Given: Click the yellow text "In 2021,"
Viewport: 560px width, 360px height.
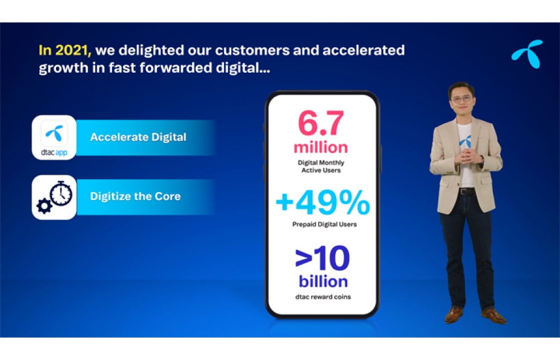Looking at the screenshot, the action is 65,50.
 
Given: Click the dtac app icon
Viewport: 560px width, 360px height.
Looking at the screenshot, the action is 54,138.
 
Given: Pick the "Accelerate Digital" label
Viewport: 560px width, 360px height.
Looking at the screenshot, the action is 138,137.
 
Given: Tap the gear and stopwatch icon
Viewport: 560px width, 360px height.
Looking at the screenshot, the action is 54,197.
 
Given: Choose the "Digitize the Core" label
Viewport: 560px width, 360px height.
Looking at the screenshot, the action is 136,197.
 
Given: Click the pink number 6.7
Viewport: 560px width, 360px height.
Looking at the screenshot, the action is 321,123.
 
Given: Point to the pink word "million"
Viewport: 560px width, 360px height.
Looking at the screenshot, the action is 321,147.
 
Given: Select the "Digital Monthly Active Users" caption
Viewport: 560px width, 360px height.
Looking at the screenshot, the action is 321,166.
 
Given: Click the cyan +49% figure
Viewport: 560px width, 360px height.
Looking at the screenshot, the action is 323,202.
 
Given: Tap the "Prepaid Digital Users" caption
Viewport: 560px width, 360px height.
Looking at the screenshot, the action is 324,225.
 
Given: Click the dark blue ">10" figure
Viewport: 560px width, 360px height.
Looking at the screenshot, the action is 323,258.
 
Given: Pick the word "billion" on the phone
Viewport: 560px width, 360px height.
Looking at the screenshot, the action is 323,282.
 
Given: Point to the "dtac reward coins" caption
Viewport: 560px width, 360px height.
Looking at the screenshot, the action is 323,297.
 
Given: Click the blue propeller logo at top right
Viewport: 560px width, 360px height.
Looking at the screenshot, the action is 527,54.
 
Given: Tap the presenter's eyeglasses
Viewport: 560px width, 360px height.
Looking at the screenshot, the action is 461,99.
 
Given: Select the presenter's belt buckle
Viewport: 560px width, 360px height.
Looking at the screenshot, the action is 463,191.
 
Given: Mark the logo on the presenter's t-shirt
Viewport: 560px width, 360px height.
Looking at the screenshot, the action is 465,142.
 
